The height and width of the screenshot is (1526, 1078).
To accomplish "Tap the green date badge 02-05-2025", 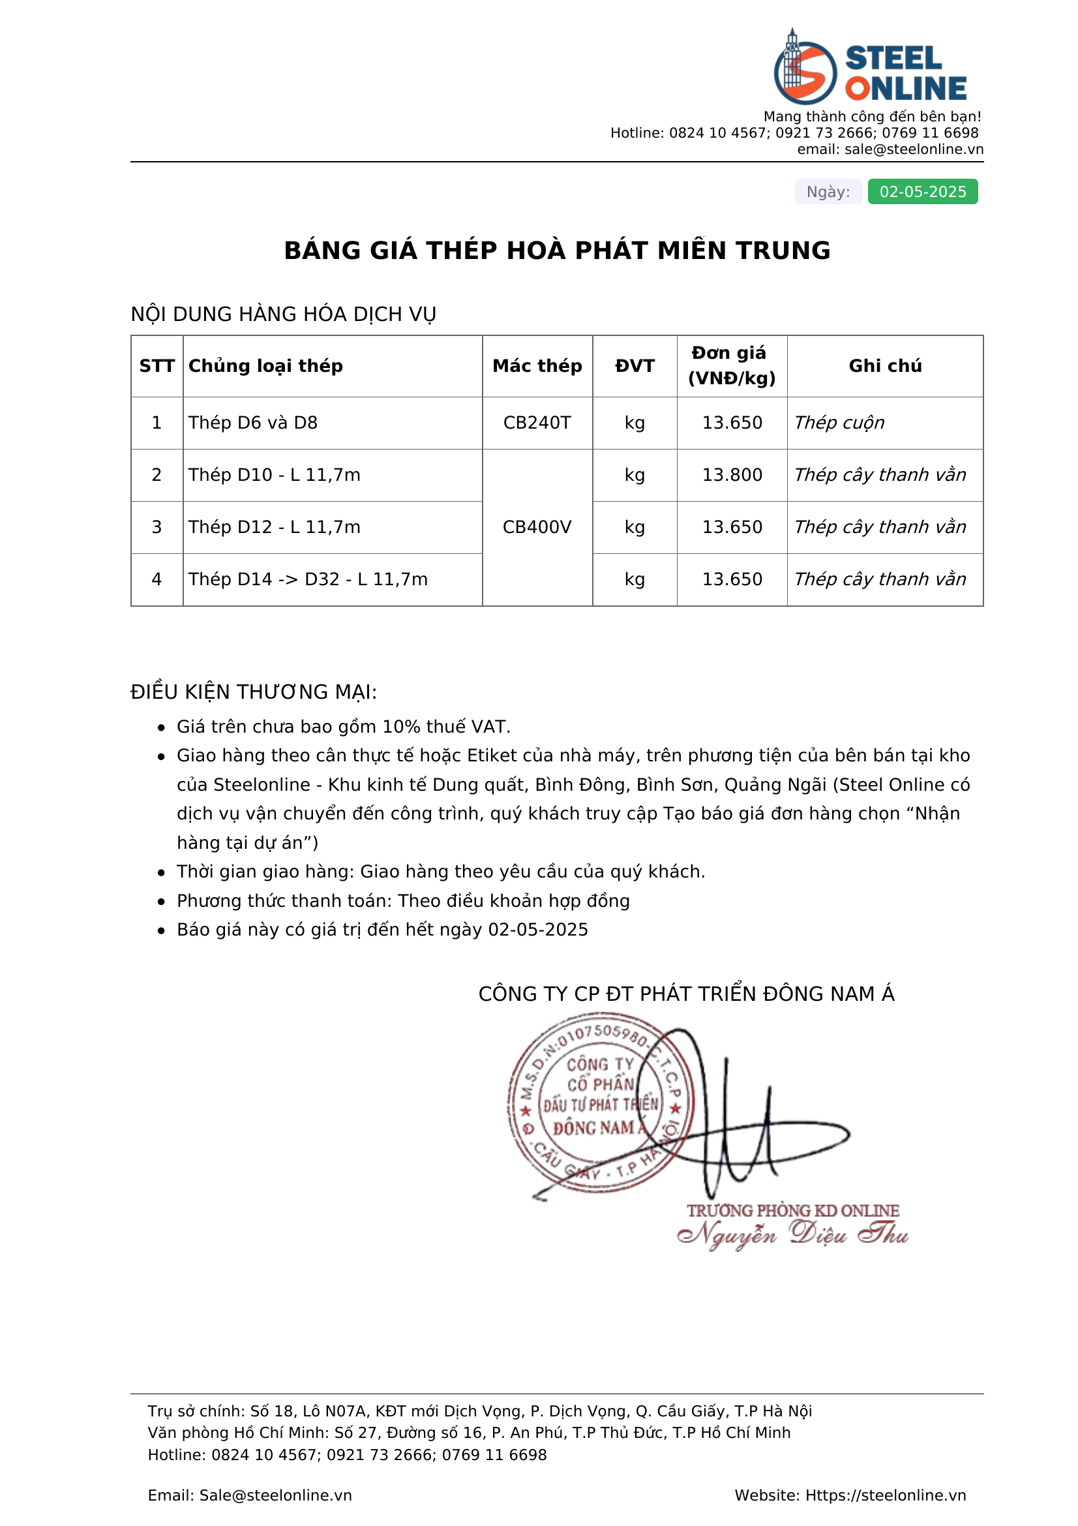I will (922, 191).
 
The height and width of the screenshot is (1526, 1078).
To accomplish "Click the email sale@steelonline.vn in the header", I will (913, 149).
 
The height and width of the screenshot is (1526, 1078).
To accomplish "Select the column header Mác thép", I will (537, 365).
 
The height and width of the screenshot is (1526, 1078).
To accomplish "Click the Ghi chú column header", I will (885, 365).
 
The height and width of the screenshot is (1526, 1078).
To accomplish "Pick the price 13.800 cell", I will (732, 474).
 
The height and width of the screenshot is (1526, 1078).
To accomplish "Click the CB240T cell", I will (537, 423).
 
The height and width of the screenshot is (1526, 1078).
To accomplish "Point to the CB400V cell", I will (537, 527).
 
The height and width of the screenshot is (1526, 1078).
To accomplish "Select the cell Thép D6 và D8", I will (253, 423).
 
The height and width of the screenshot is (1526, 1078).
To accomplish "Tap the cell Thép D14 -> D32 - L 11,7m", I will (308, 579).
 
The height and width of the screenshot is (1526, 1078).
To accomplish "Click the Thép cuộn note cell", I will (839, 423).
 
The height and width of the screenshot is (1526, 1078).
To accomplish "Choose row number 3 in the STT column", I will (157, 527).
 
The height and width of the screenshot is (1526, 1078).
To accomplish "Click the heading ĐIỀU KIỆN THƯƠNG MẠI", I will (254, 692).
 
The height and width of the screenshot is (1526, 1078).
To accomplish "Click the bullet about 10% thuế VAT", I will (344, 726).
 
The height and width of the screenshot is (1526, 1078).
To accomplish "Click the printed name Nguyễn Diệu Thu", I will (792, 1234).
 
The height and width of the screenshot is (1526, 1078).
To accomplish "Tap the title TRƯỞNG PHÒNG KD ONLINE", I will (792, 1210).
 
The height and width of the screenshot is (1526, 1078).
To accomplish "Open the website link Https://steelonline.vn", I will (886, 1495).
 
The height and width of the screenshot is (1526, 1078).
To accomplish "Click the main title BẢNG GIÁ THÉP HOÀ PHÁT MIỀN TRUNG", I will (556, 251).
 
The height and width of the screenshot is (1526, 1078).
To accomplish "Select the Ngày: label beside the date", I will (828, 191).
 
